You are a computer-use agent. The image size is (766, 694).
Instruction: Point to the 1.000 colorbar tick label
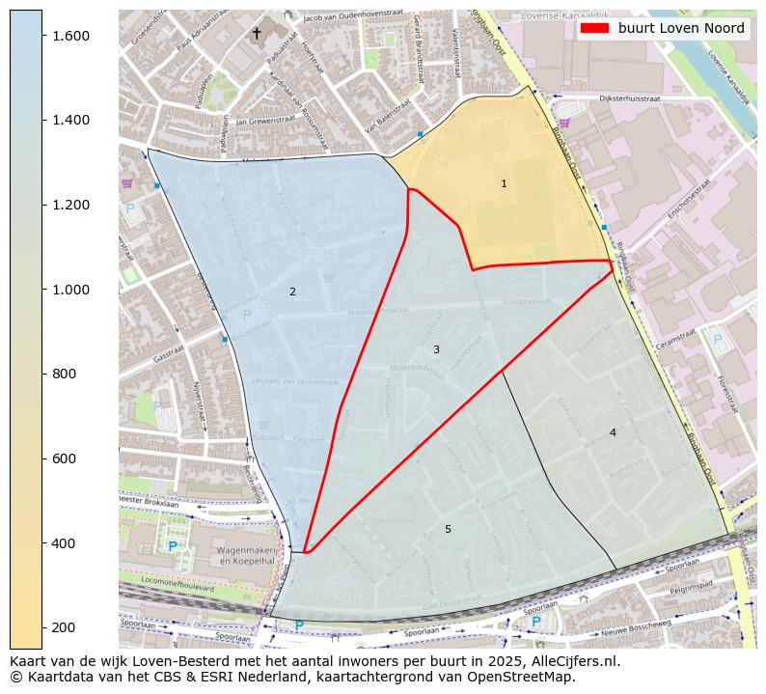click(x=69, y=290)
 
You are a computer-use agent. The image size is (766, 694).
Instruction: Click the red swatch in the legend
click(x=594, y=29)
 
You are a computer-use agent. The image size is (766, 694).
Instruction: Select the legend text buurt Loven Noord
click(x=681, y=29)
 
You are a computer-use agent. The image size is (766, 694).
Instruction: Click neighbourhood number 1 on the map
click(x=504, y=183)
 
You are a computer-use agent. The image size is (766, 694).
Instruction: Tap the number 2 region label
click(x=292, y=291)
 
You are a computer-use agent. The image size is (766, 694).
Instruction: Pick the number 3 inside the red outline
click(x=436, y=349)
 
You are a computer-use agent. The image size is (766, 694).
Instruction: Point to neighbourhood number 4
click(x=613, y=432)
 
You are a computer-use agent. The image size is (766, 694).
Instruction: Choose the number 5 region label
click(x=448, y=529)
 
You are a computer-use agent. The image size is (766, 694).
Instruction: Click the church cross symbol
click(x=257, y=34)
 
